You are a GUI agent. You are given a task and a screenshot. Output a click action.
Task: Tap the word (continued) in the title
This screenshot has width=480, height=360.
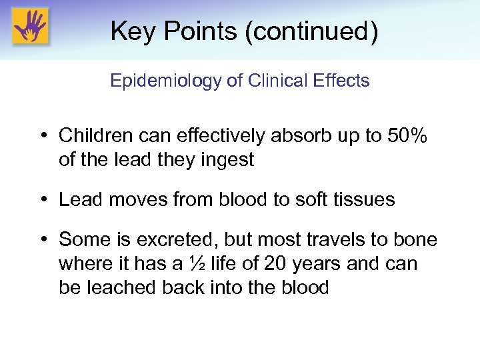(x=311, y=31)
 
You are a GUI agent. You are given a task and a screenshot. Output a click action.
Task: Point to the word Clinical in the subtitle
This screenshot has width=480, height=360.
(x=273, y=81)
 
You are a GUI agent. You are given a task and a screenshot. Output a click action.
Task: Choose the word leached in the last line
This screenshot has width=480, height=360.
(x=116, y=288)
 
